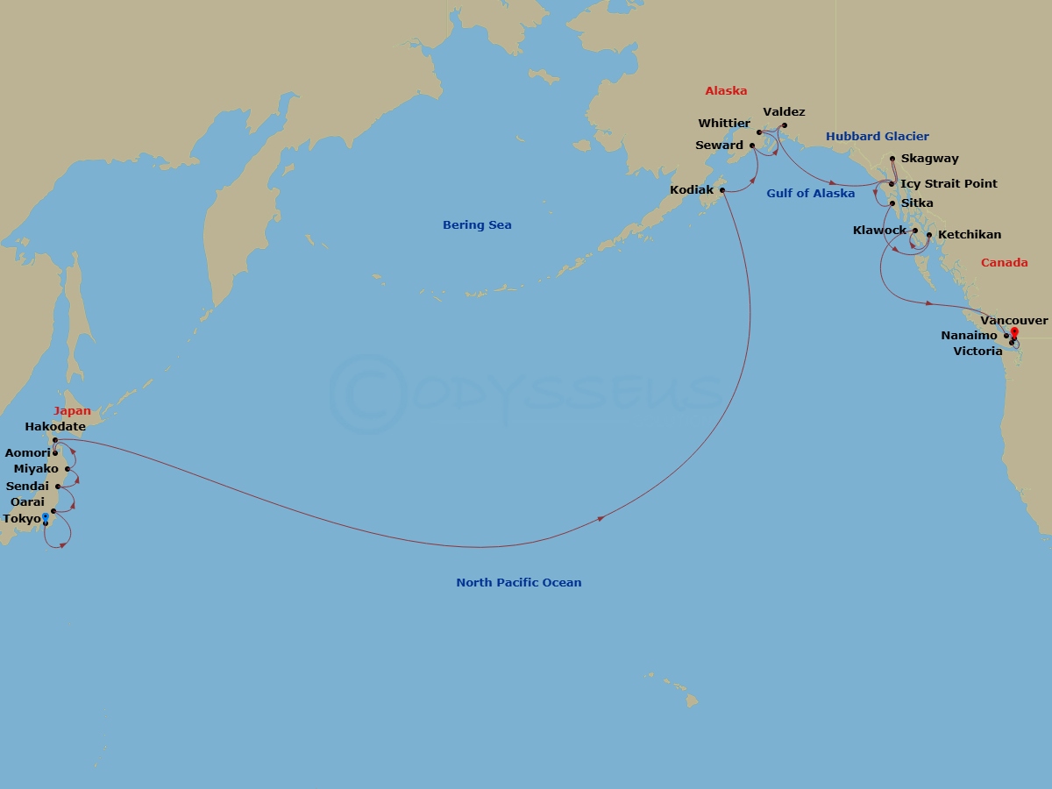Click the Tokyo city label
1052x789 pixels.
(x=22, y=519)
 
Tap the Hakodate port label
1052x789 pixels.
(x=55, y=427)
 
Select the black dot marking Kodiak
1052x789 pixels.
(x=722, y=189)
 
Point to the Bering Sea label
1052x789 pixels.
(x=477, y=225)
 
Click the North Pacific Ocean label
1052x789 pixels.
(x=518, y=583)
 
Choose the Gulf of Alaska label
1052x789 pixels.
(x=810, y=194)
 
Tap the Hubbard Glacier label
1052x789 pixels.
(x=877, y=137)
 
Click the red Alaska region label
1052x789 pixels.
(x=726, y=91)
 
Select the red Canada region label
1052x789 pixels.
(x=1004, y=263)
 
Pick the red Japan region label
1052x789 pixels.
(x=72, y=411)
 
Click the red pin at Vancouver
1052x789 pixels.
(x=1014, y=332)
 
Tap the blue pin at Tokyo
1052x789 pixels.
(x=46, y=517)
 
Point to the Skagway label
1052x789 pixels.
(x=929, y=160)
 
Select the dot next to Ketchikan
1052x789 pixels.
(x=929, y=235)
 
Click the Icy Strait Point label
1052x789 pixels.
(x=949, y=184)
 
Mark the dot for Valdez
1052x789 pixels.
(x=785, y=124)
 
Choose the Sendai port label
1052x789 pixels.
(x=27, y=487)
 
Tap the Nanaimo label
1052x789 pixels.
(x=969, y=336)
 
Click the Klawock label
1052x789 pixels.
(x=879, y=231)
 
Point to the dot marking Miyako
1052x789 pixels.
(x=68, y=469)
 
